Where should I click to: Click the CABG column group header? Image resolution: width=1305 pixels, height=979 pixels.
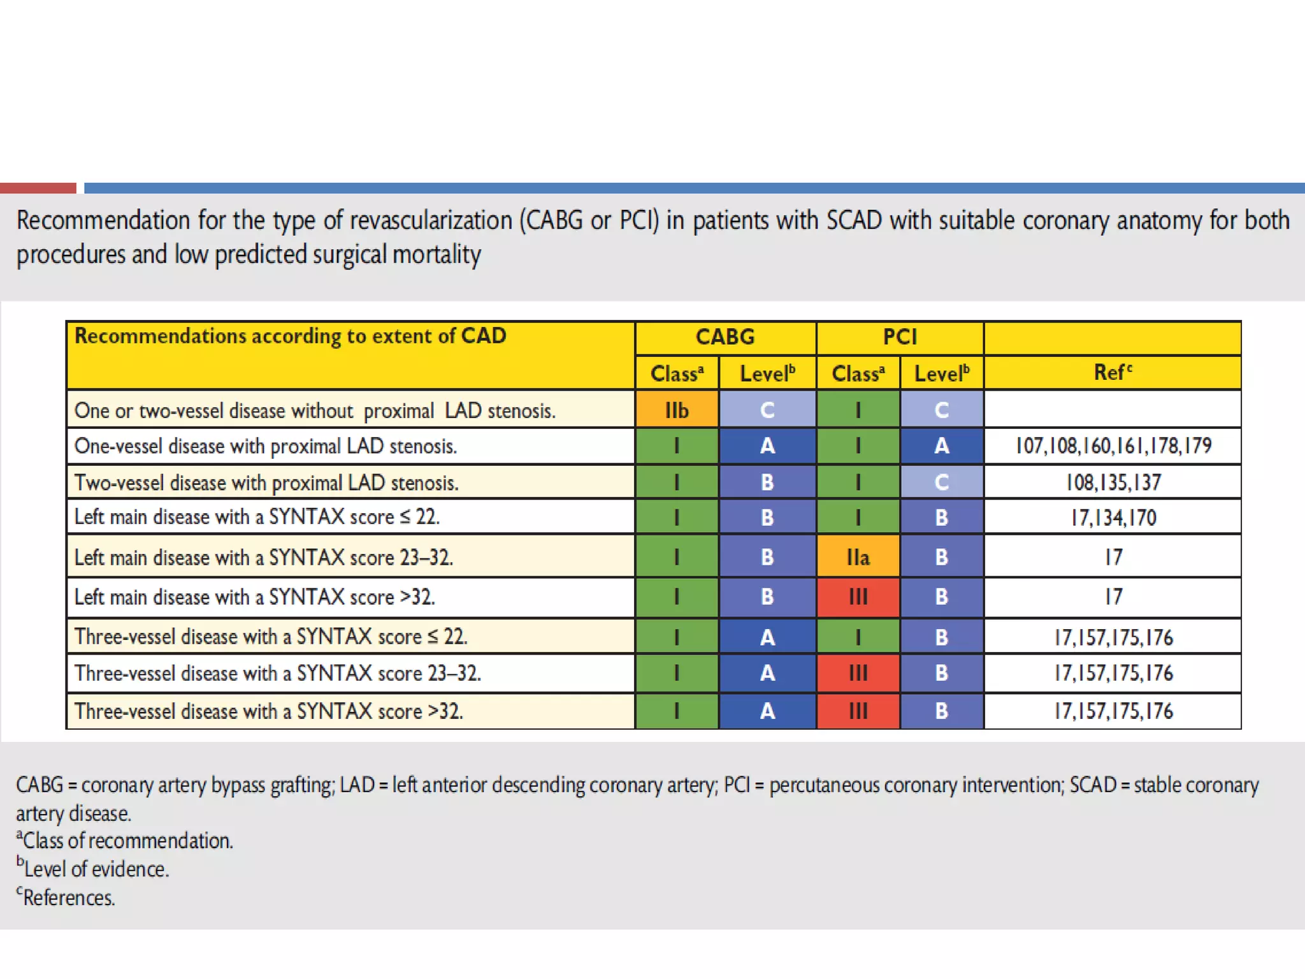coord(725,337)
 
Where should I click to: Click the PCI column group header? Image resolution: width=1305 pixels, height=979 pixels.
coord(900,337)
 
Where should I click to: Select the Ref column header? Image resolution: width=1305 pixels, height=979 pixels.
coord(1113,372)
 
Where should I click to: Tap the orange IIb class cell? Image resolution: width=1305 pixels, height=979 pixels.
coord(677,410)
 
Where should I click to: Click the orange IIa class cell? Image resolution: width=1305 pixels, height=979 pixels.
coord(858,557)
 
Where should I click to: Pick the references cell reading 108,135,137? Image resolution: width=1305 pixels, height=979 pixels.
coord(1113,482)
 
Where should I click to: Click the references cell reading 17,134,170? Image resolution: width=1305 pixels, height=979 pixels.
coord(1113,518)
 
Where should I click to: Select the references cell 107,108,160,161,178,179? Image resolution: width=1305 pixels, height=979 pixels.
coord(1113,446)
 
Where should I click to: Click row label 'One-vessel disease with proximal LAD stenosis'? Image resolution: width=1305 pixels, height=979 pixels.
coord(266,446)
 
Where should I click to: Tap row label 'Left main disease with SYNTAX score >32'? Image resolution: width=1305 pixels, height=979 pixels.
coord(255,597)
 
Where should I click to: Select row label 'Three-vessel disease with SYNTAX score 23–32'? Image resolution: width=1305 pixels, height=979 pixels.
coord(278,673)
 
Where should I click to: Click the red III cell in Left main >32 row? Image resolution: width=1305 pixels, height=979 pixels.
coord(858,597)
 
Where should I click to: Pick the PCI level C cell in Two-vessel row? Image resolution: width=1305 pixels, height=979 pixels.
coord(941,482)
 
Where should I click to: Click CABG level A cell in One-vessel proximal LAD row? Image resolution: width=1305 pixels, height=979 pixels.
coord(767,446)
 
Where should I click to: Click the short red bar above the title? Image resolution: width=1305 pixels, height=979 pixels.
coord(38,188)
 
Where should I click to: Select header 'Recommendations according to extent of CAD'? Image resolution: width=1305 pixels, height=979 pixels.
coord(291,336)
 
